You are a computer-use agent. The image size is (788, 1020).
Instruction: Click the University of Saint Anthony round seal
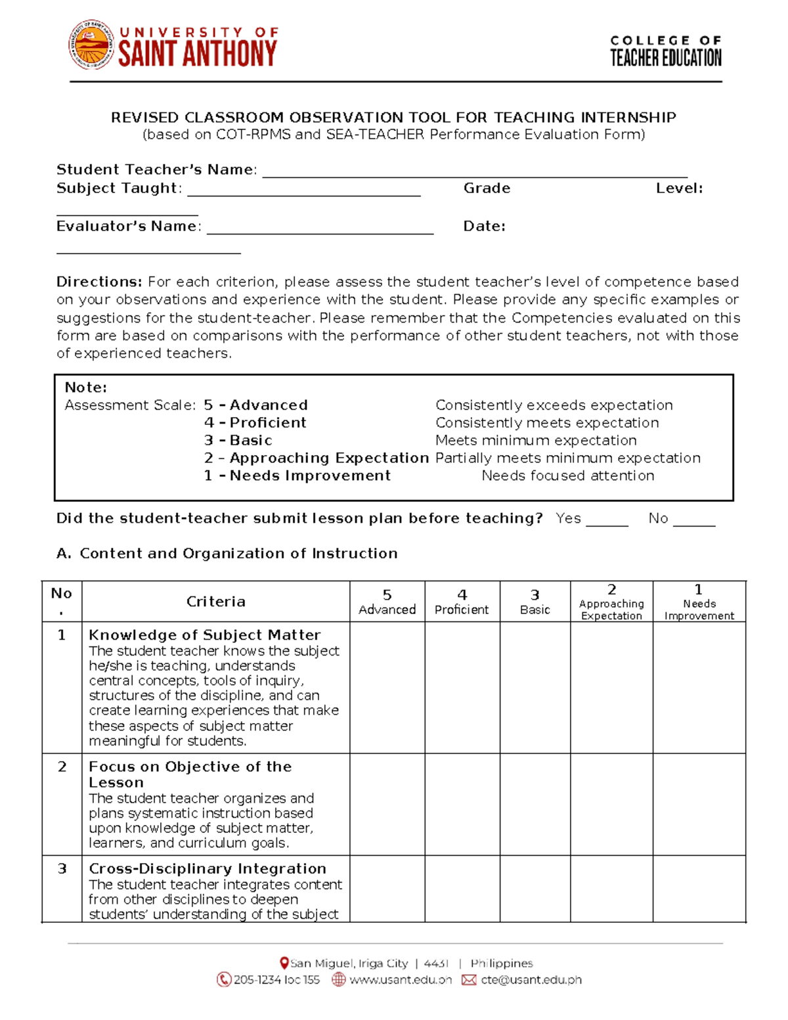pyautogui.click(x=91, y=45)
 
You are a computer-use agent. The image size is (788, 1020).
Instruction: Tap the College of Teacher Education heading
pyautogui.click(x=665, y=51)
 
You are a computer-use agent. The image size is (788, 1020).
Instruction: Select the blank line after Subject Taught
pyautogui.click(x=303, y=192)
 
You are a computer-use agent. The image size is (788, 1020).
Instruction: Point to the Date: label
pyautogui.click(x=484, y=227)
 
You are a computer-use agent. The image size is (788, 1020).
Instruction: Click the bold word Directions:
pyautogui.click(x=99, y=282)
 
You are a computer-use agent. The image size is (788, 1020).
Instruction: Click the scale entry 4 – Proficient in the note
pyautogui.click(x=255, y=423)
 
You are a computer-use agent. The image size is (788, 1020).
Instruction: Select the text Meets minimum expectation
pyautogui.click(x=536, y=440)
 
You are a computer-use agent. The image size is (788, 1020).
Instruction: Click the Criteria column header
pyautogui.click(x=215, y=602)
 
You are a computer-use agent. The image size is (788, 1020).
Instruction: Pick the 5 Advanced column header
pyautogui.click(x=387, y=602)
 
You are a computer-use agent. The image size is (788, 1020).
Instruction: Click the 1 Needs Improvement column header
pyautogui.click(x=699, y=602)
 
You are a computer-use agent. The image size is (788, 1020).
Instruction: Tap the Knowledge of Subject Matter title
pyautogui.click(x=204, y=635)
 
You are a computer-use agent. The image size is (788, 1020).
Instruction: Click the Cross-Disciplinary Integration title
pyautogui.click(x=208, y=869)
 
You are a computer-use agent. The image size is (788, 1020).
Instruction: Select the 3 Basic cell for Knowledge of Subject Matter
pyautogui.click(x=535, y=687)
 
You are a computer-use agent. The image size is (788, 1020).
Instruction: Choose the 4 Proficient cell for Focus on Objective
pyautogui.click(x=462, y=804)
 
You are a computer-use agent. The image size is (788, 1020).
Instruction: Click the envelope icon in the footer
pyautogui.click(x=469, y=980)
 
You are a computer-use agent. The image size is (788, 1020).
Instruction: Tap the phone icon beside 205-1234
pyautogui.click(x=223, y=980)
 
